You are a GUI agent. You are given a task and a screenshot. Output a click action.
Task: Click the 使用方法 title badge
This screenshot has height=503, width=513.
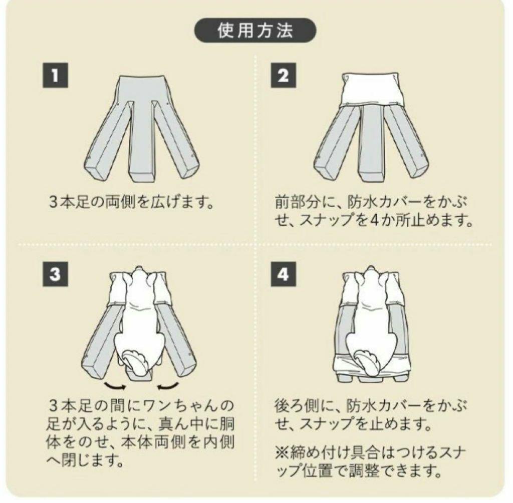click(255, 31)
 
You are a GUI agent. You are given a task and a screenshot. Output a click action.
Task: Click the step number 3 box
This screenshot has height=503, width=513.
click(54, 275)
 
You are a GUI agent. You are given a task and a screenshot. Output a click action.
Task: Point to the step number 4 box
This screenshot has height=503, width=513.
click(283, 275)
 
